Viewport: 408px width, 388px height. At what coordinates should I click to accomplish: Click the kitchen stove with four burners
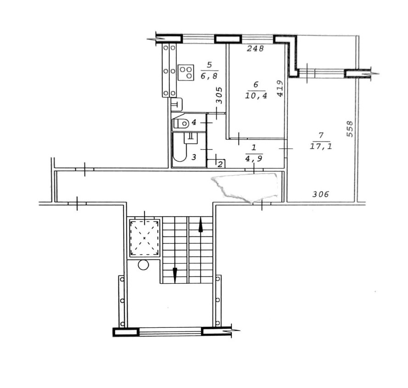coord(186,72)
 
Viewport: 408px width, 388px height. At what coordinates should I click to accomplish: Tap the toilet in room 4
coord(181,123)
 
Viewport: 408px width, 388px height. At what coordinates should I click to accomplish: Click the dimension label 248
coord(255,48)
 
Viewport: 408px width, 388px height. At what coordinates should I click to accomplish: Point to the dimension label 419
coord(280,88)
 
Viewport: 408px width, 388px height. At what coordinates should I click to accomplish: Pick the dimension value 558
coord(350,129)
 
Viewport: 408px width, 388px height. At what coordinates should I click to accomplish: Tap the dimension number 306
coord(320,194)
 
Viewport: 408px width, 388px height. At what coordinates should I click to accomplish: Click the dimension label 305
coord(219,96)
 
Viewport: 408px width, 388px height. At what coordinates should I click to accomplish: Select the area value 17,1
coord(321,146)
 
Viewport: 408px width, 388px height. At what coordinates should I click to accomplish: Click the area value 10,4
coord(256,96)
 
